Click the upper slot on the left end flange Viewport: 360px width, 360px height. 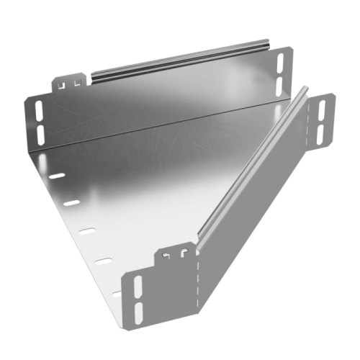[x=37, y=111]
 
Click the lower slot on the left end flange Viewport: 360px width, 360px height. [x=39, y=132]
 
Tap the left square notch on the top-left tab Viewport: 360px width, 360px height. [x=63, y=84]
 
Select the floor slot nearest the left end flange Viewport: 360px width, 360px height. [x=56, y=176]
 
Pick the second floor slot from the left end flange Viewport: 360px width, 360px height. [x=71, y=203]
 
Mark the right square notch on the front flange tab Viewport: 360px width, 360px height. [x=184, y=252]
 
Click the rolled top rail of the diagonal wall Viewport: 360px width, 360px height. [x=252, y=166]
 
